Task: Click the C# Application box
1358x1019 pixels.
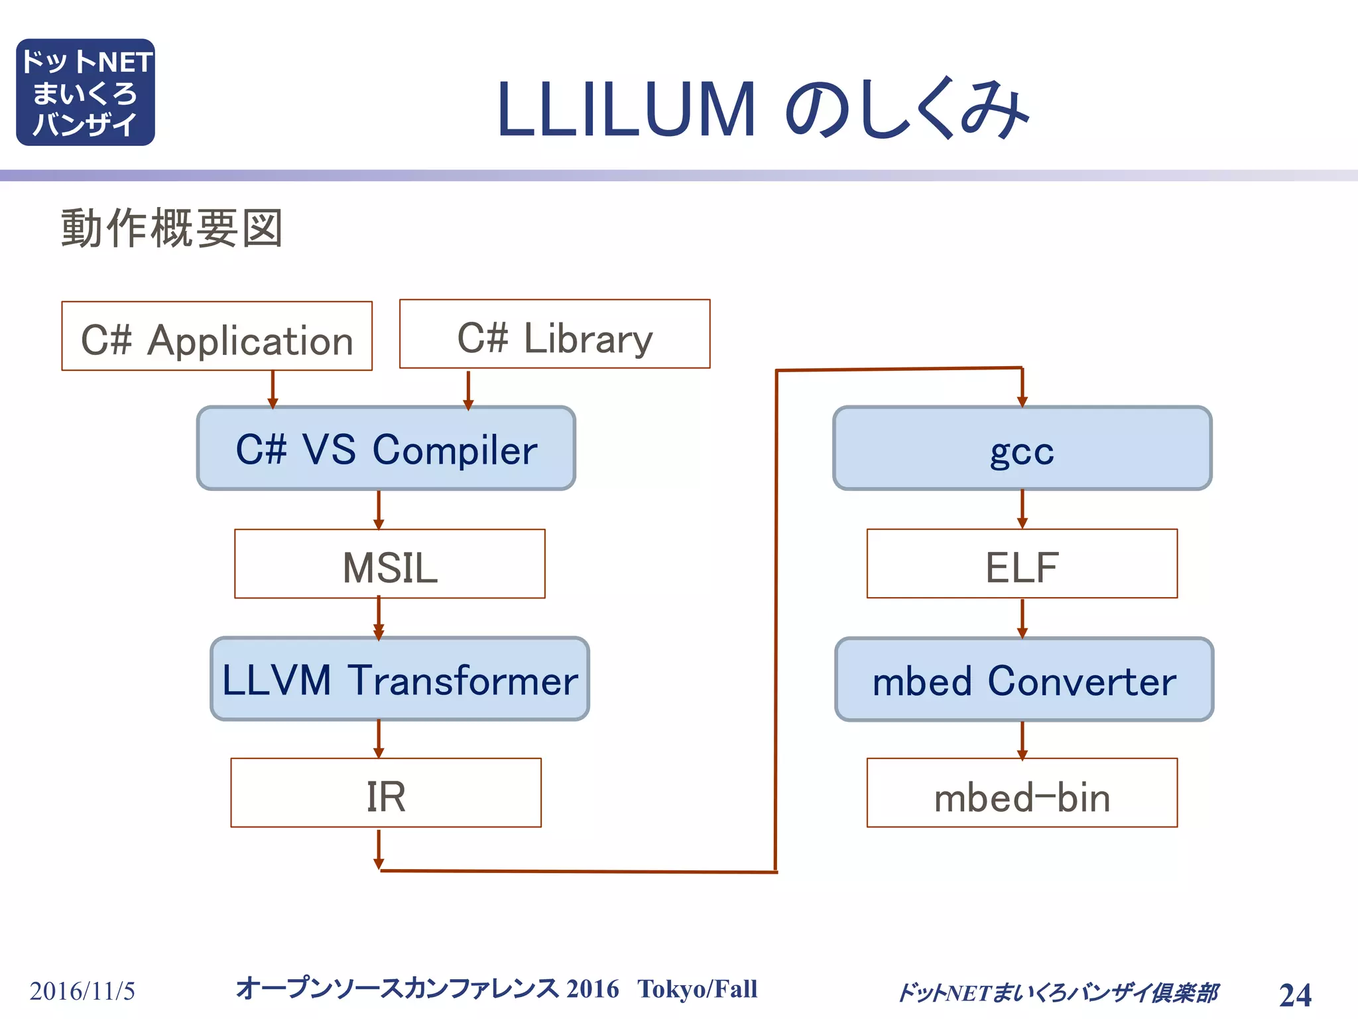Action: pos(217,336)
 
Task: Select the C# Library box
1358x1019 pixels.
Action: pos(554,334)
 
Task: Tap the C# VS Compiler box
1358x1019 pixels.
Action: pos(386,448)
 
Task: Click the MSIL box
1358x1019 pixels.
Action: pos(390,564)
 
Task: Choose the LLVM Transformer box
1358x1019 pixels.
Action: pos(400,679)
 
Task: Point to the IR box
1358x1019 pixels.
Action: pos(386,793)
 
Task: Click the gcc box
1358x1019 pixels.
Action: pos(1022,448)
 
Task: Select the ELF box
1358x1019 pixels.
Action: pos(1022,564)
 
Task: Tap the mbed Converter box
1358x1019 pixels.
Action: pos(1024,679)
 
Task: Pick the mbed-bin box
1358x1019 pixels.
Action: pos(1022,793)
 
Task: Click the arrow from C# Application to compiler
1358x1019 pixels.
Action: pos(273,389)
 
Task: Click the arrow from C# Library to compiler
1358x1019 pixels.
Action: pos(468,389)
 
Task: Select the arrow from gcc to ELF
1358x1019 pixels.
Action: pos(1022,509)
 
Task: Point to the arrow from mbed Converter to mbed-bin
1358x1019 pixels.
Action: pos(1022,739)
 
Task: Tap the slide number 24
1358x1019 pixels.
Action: pos(1295,994)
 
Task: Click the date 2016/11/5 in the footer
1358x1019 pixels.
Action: pos(82,991)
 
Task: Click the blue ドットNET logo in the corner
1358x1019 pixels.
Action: pos(86,92)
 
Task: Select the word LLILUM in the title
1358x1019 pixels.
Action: pos(626,110)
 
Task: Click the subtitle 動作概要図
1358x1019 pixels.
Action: pos(172,228)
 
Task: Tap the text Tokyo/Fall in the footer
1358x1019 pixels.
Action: pos(697,989)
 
